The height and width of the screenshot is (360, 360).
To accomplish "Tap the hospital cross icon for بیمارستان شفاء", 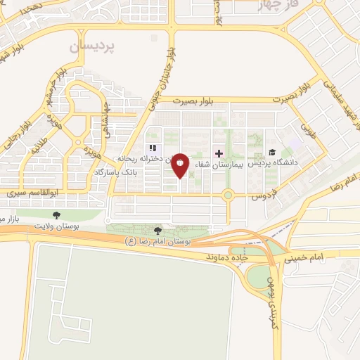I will click(219, 153).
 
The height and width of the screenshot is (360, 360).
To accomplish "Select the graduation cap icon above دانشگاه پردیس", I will click(272, 153).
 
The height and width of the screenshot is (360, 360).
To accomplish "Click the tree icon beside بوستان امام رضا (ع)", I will click(157, 231).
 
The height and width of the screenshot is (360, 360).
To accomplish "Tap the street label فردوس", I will click(264, 198).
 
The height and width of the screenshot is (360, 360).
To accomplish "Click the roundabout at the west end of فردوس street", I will click(228, 195).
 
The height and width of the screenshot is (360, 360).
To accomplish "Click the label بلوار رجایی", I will click(10, 139).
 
